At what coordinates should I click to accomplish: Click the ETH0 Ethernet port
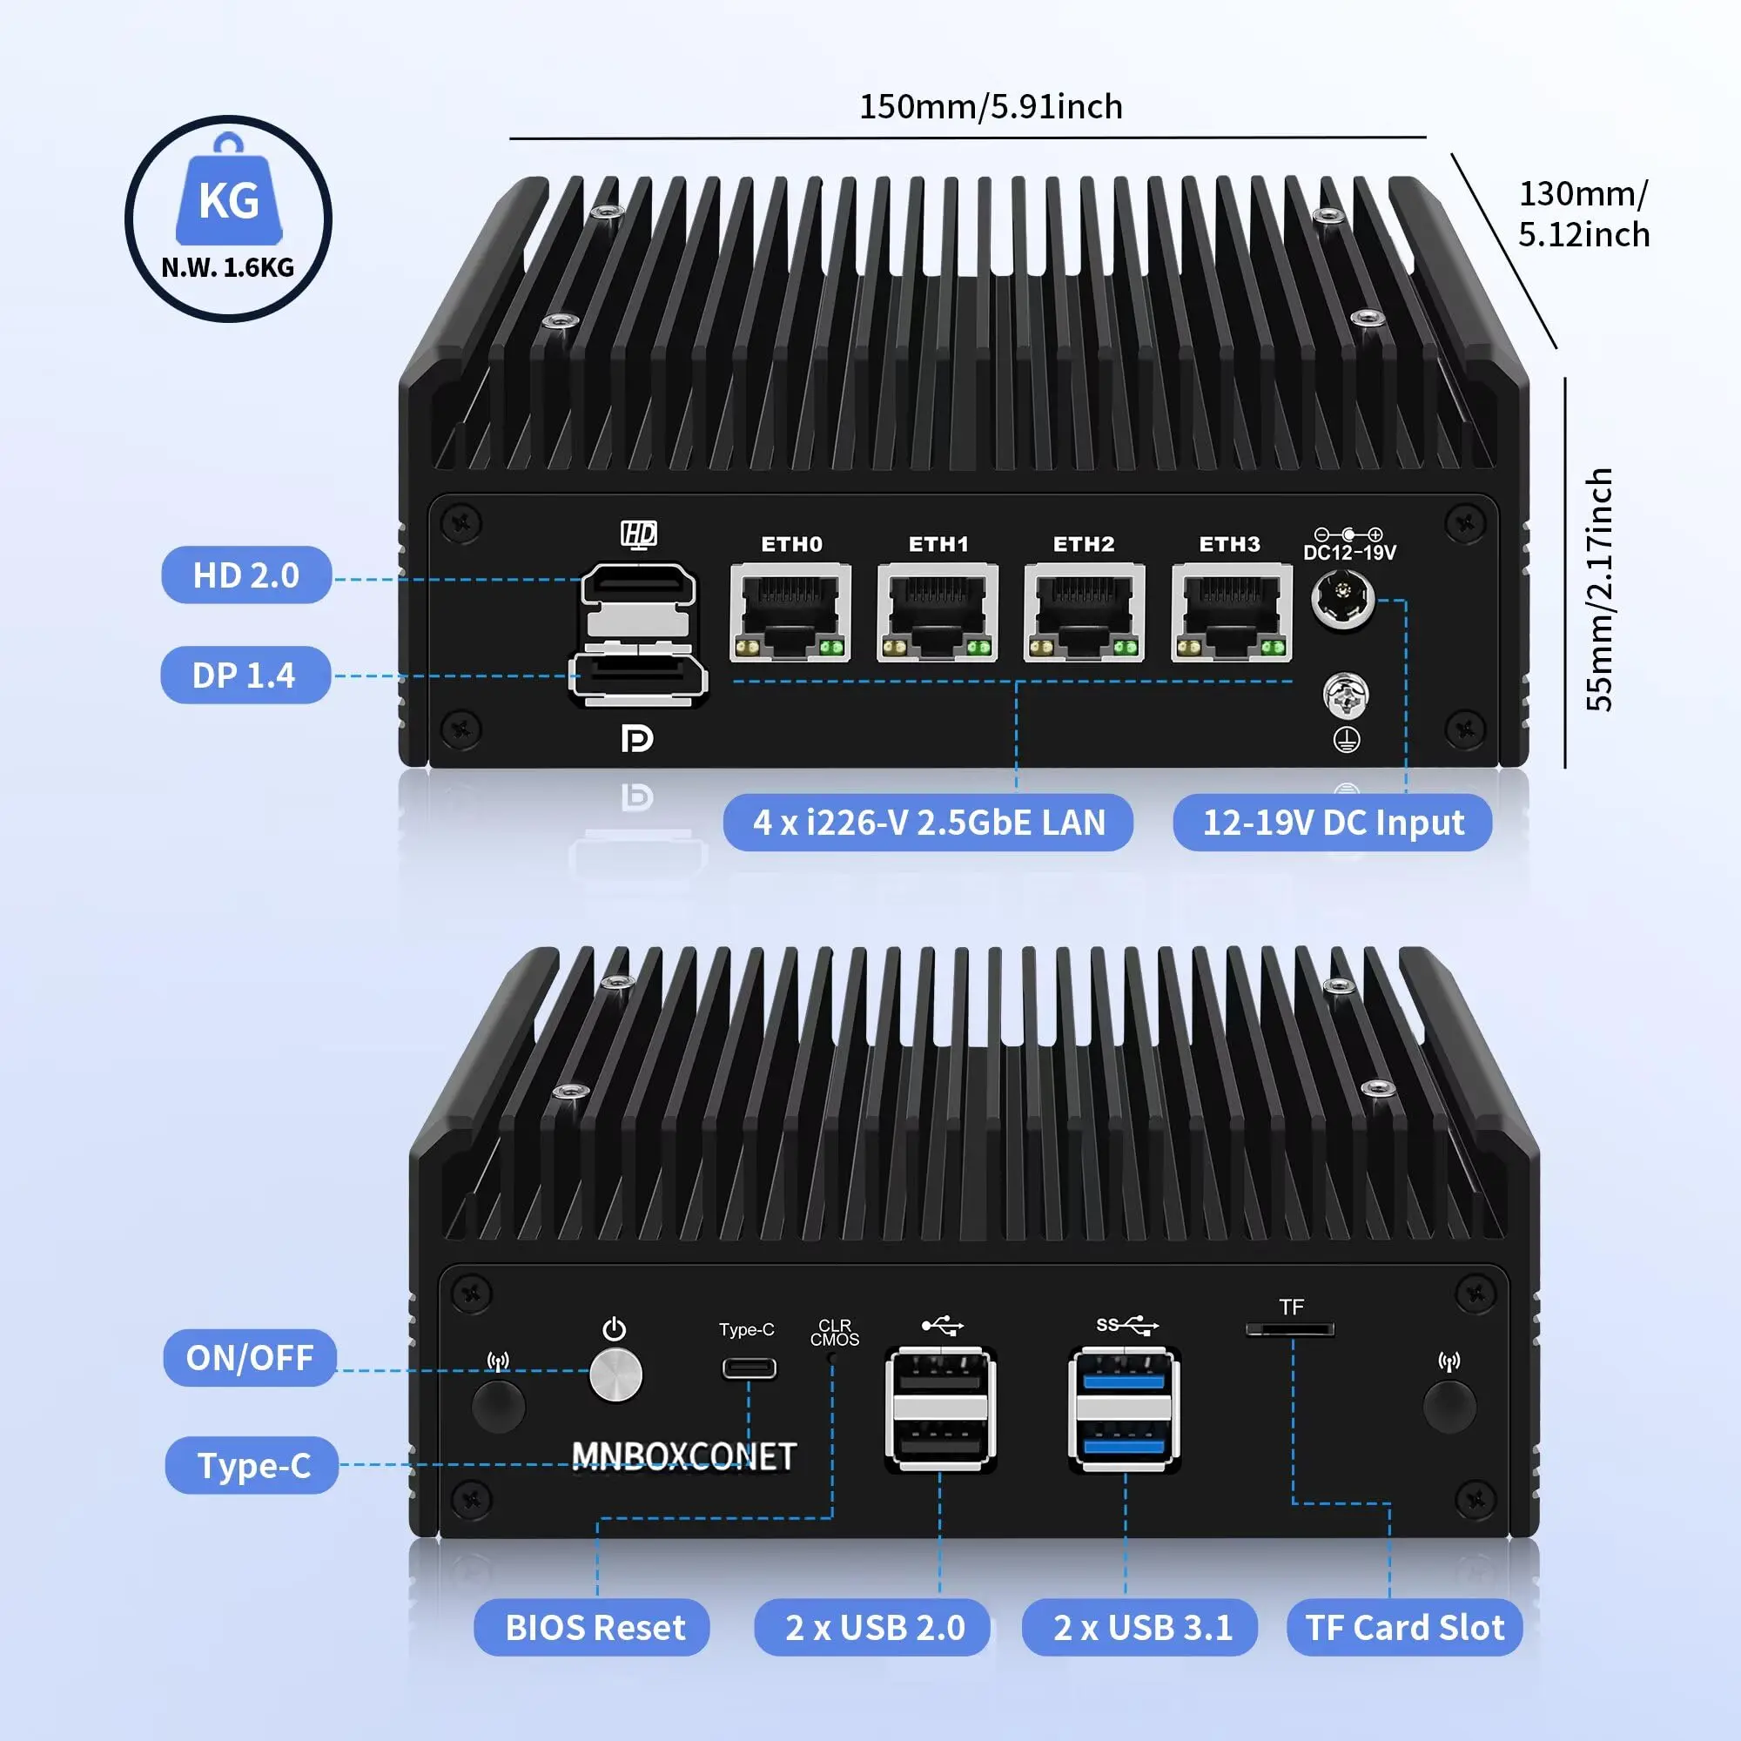pyautogui.click(x=790, y=613)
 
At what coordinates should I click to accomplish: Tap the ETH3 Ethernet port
pyautogui.click(x=1231, y=613)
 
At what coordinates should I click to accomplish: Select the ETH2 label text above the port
pyautogui.click(x=1084, y=544)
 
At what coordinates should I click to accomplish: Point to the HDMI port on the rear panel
pyautogui.click(x=638, y=587)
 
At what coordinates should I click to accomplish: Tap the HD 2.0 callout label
pyautogui.click(x=246, y=575)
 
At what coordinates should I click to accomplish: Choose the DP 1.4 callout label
pyautogui.click(x=245, y=675)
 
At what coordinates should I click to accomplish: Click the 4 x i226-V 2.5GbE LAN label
pyautogui.click(x=928, y=822)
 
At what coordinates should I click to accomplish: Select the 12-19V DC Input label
pyautogui.click(x=1333, y=822)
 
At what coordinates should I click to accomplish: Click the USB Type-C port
pyautogui.click(x=749, y=1368)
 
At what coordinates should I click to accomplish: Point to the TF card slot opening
pyautogui.click(x=1289, y=1329)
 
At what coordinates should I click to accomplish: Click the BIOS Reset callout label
pyautogui.click(x=595, y=1628)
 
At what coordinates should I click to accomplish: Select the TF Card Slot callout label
pyautogui.click(x=1404, y=1628)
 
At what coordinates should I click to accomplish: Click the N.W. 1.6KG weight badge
pyautogui.click(x=228, y=219)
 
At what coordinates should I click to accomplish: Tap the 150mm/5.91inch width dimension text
pyautogui.click(x=991, y=107)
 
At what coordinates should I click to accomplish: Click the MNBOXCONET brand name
pyautogui.click(x=684, y=1456)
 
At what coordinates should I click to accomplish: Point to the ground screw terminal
pyautogui.click(x=1346, y=696)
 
